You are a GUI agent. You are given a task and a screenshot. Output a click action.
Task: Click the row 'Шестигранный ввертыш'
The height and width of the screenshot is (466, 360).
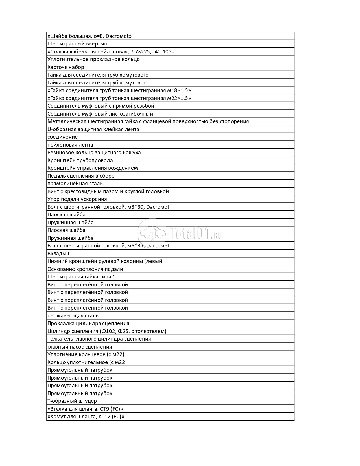click(78, 44)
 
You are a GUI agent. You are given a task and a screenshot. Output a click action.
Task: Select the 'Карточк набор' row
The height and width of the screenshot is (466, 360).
click(66, 67)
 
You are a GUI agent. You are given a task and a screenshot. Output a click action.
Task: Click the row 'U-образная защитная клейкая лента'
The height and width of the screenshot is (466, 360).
click(93, 129)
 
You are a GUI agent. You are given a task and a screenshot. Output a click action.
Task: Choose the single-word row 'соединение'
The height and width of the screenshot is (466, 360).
click(62, 137)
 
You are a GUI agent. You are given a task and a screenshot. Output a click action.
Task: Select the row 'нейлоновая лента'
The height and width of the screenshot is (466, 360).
click(70, 145)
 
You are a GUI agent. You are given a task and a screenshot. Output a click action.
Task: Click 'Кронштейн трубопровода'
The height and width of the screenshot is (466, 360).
click(80, 160)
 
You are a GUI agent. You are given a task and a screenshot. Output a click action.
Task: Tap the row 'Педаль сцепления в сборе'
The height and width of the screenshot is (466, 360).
click(81, 176)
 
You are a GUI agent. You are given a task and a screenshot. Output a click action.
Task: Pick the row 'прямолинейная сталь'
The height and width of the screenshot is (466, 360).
click(75, 184)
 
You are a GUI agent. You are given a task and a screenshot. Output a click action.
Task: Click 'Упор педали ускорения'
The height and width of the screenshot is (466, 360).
click(77, 199)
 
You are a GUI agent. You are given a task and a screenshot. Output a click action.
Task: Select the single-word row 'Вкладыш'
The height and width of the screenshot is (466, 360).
click(59, 254)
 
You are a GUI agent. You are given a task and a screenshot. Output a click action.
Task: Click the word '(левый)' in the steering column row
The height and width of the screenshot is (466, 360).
click(154, 261)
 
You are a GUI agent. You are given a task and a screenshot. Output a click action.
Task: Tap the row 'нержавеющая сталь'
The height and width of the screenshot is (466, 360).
click(73, 316)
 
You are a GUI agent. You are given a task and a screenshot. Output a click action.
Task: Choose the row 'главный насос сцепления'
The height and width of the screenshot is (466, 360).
click(80, 347)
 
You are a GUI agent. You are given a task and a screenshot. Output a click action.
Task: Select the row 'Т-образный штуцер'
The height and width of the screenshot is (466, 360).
click(72, 401)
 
